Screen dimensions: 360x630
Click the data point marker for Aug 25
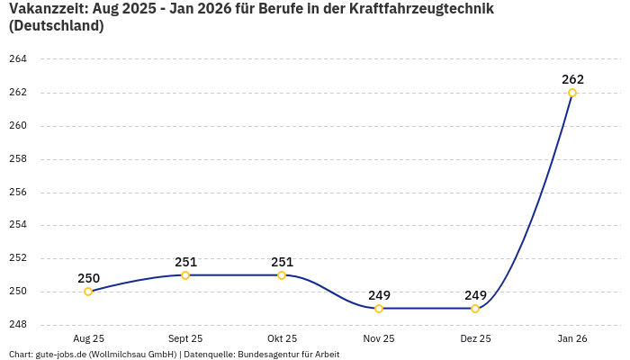point(88,292)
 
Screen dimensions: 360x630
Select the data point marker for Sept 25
point(185,275)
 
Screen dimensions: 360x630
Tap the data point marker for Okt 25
point(282,275)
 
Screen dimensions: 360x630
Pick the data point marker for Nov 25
point(379,309)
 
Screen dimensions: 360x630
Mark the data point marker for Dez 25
point(475,309)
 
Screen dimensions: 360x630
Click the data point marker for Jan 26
point(572,93)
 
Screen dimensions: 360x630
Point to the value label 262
point(572,79)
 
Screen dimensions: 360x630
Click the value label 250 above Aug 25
point(88,278)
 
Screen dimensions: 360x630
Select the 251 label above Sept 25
point(185,262)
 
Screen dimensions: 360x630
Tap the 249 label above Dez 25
point(475,295)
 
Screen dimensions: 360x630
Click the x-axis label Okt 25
point(282,338)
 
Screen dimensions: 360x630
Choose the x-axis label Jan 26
point(572,338)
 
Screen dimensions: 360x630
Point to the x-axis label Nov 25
point(379,338)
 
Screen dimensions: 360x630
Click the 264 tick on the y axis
point(18,59)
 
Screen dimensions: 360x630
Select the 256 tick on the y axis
point(18,193)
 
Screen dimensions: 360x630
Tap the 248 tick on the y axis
point(18,325)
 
